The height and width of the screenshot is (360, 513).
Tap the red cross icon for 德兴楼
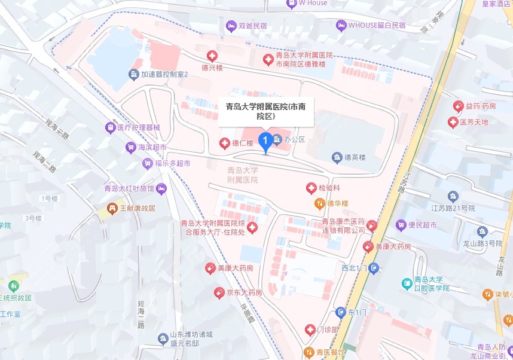pos(211,56)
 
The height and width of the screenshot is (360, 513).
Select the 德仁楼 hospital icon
pos(224,143)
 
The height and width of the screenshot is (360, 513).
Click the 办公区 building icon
pos(277,140)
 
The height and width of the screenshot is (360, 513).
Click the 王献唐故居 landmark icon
pos(111,208)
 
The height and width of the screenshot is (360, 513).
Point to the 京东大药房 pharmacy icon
pos(219,293)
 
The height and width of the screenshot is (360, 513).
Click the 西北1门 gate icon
pos(374,268)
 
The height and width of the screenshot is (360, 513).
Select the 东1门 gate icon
pos(340,312)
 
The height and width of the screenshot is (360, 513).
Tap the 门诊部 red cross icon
pos(310,330)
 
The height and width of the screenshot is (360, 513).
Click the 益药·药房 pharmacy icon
pos(459,106)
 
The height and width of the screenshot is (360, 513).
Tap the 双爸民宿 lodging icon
pos(231,26)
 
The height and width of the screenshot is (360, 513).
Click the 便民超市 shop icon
pos(401,225)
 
